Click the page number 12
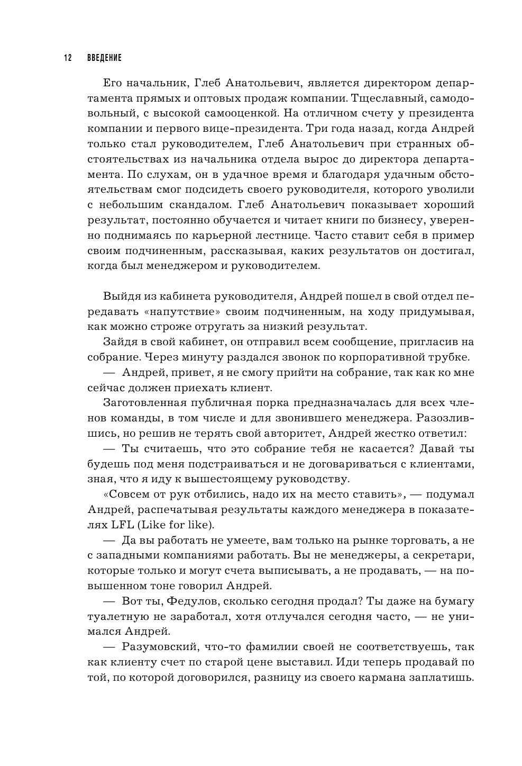tap(67, 57)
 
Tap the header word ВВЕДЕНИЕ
tap(105, 57)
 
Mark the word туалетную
tap(116, 617)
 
